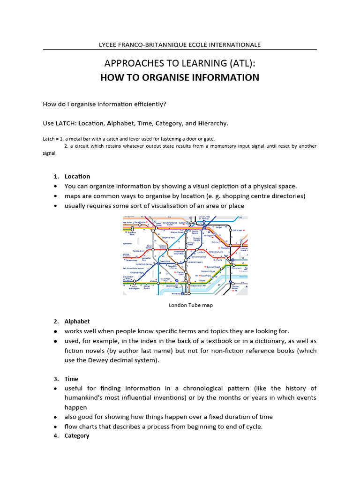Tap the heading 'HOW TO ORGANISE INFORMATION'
[180, 77]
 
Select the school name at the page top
[180, 45]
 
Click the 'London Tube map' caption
[191, 305]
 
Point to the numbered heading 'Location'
[77, 176]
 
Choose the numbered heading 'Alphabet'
[77, 321]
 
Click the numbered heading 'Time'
[71, 379]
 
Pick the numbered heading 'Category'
[77, 435]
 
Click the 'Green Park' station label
[165, 262]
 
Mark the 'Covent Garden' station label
[199, 257]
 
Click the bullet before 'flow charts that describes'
[55, 427]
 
